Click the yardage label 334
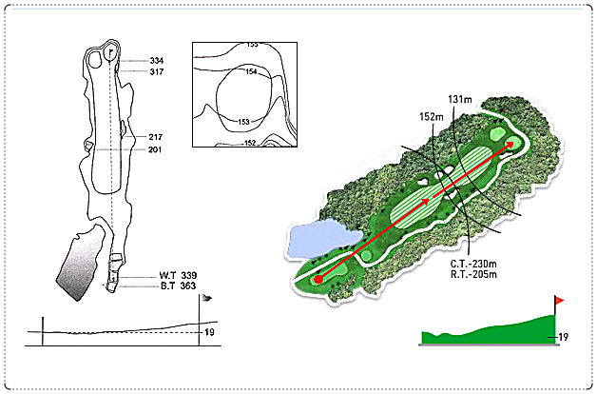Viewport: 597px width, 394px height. click(x=157, y=61)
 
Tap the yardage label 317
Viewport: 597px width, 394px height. click(x=157, y=71)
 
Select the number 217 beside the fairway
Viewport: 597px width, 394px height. click(x=155, y=137)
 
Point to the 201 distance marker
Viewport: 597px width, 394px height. click(x=155, y=149)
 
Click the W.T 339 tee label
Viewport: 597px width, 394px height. click(x=178, y=275)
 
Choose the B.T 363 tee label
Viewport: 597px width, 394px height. click(x=178, y=286)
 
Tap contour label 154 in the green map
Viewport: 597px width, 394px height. click(x=251, y=71)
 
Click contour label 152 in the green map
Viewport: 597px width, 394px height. click(x=250, y=143)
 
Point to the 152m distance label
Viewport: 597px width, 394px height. click(x=432, y=117)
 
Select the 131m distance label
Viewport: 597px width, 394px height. click(x=460, y=100)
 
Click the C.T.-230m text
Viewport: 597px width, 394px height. click(x=473, y=264)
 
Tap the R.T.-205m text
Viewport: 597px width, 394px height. click(x=473, y=274)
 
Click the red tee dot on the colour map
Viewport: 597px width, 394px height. click(x=318, y=279)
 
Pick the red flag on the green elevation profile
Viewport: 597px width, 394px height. click(x=559, y=301)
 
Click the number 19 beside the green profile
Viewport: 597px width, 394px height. click(x=563, y=337)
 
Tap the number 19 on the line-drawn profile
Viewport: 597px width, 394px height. click(x=209, y=332)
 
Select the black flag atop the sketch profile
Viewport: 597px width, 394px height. click(x=206, y=298)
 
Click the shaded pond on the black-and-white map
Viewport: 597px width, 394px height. click(x=81, y=262)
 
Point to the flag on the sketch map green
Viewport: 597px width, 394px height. click(x=111, y=51)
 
